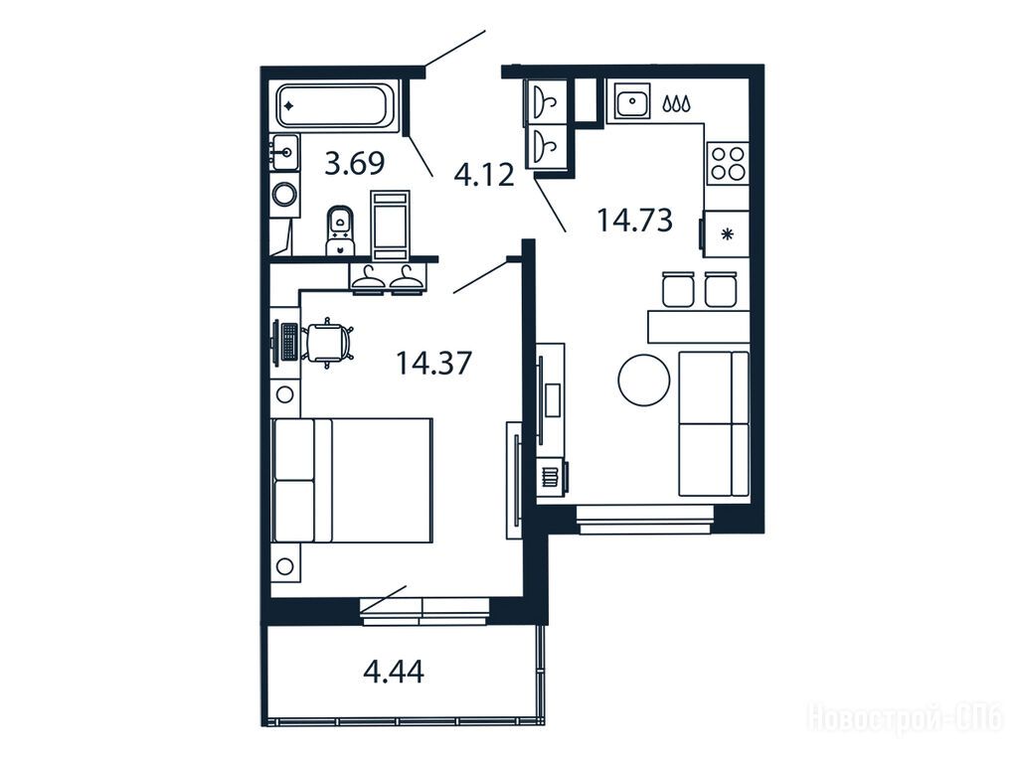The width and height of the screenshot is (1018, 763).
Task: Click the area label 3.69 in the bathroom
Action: tap(355, 164)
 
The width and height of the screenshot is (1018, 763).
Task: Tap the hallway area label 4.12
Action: tap(484, 175)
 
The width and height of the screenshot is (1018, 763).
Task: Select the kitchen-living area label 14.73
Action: tap(634, 220)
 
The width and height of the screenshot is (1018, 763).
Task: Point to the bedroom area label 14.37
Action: tap(433, 363)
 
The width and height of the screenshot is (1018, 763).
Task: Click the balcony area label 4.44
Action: tap(394, 672)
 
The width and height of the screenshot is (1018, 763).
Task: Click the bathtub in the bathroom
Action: tap(335, 106)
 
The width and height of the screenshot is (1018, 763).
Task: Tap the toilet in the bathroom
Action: tap(341, 230)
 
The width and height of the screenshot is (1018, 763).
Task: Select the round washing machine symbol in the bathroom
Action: tap(284, 194)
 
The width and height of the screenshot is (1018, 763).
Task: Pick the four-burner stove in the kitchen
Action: tap(727, 163)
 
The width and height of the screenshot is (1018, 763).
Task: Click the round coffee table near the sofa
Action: tap(643, 381)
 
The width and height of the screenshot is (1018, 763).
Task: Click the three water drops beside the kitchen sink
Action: tap(677, 103)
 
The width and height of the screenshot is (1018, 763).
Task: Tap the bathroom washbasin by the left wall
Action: tap(285, 153)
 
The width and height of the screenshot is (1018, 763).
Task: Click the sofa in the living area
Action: tap(714, 423)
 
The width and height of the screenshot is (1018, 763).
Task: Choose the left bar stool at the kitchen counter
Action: tap(678, 289)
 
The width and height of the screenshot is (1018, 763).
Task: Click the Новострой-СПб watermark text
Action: tap(905, 719)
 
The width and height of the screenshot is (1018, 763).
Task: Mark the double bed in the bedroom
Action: tap(353, 480)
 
